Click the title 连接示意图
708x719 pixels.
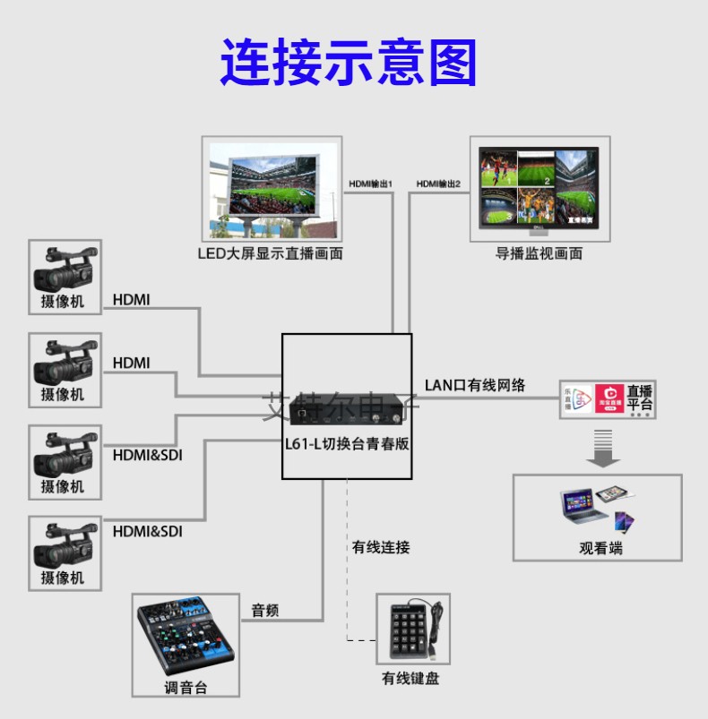pos(349,62)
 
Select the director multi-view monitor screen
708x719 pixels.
pos(539,188)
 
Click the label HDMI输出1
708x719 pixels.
pos(371,184)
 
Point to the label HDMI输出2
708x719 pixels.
pos(438,184)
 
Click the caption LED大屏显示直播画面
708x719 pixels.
pos(270,253)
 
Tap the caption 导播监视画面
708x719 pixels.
pos(539,253)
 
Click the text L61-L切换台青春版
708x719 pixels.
pos(347,444)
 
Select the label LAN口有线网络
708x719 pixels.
pos(475,385)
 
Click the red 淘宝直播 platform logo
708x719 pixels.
pos(609,398)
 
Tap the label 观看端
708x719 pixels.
pos(600,548)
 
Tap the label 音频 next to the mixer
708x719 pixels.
pos(265,611)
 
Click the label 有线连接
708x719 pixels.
pos(381,547)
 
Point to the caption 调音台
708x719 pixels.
pos(186,688)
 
